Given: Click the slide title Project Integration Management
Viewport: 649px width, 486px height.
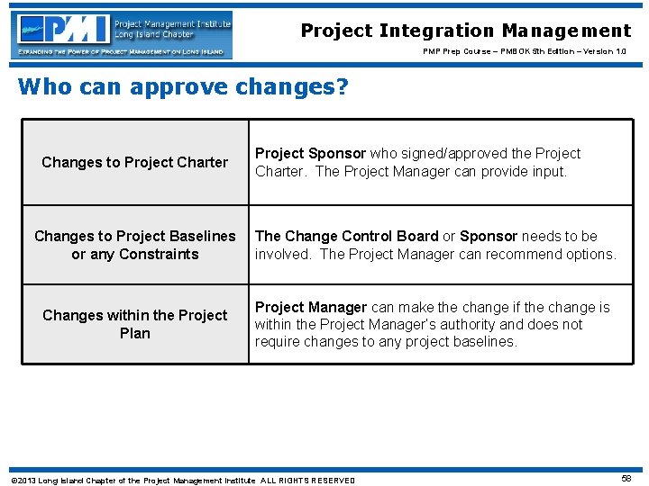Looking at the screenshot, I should (465, 31).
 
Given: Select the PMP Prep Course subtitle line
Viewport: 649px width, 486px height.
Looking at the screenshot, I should (525, 52).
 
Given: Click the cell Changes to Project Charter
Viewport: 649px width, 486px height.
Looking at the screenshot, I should (135, 162).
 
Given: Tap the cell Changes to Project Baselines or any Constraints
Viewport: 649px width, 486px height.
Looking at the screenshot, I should (135, 245).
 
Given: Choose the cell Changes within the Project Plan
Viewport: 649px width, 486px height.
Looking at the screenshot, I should (135, 324).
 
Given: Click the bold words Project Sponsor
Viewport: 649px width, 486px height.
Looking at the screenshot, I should (309, 154).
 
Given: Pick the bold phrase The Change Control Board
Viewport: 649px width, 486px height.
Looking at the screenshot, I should (346, 236).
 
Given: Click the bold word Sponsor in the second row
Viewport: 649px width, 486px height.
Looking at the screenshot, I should (489, 236).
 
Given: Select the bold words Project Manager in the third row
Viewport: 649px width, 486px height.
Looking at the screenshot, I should (310, 307).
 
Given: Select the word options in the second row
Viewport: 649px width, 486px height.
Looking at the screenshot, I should (591, 254).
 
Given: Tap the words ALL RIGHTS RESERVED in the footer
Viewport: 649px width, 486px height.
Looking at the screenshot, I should (308, 481).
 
